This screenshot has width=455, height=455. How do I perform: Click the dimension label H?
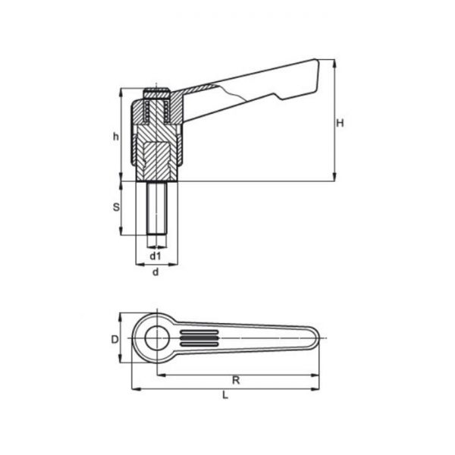tap(340, 123)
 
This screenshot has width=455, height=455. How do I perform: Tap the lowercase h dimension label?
tap(115, 136)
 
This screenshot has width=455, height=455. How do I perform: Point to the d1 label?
tap(155, 256)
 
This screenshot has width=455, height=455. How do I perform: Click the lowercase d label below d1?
tap(155, 271)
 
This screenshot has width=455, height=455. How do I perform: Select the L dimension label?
tap(225, 394)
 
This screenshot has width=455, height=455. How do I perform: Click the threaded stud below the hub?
tap(156, 209)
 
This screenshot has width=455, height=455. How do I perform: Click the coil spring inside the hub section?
tap(146, 114)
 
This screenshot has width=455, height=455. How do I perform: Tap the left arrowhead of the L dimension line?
tap(135, 388)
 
